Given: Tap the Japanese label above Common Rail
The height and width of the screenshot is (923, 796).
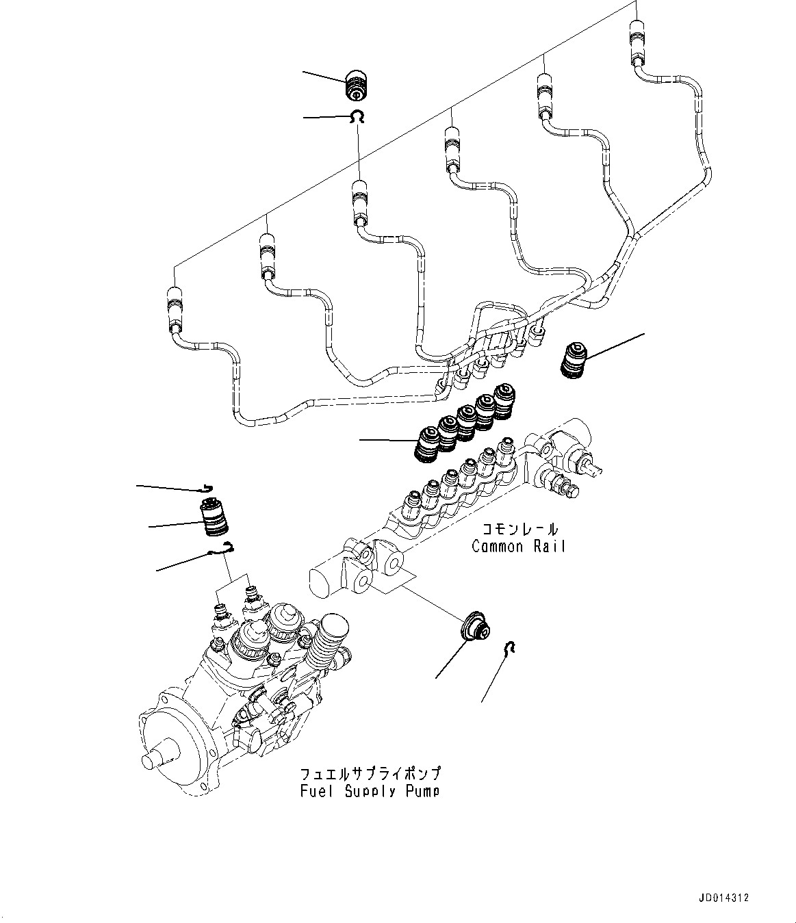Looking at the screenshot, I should coord(519,528).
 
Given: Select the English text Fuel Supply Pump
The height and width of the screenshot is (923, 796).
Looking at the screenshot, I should coord(370,791).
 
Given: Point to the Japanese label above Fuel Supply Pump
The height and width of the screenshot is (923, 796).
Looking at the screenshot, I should coord(370,774).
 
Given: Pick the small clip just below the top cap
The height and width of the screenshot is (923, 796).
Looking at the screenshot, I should coord(357,118).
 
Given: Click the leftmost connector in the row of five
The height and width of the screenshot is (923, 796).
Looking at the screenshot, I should coord(428,444).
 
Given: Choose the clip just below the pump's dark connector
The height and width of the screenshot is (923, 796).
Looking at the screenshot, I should coord(223,548).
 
